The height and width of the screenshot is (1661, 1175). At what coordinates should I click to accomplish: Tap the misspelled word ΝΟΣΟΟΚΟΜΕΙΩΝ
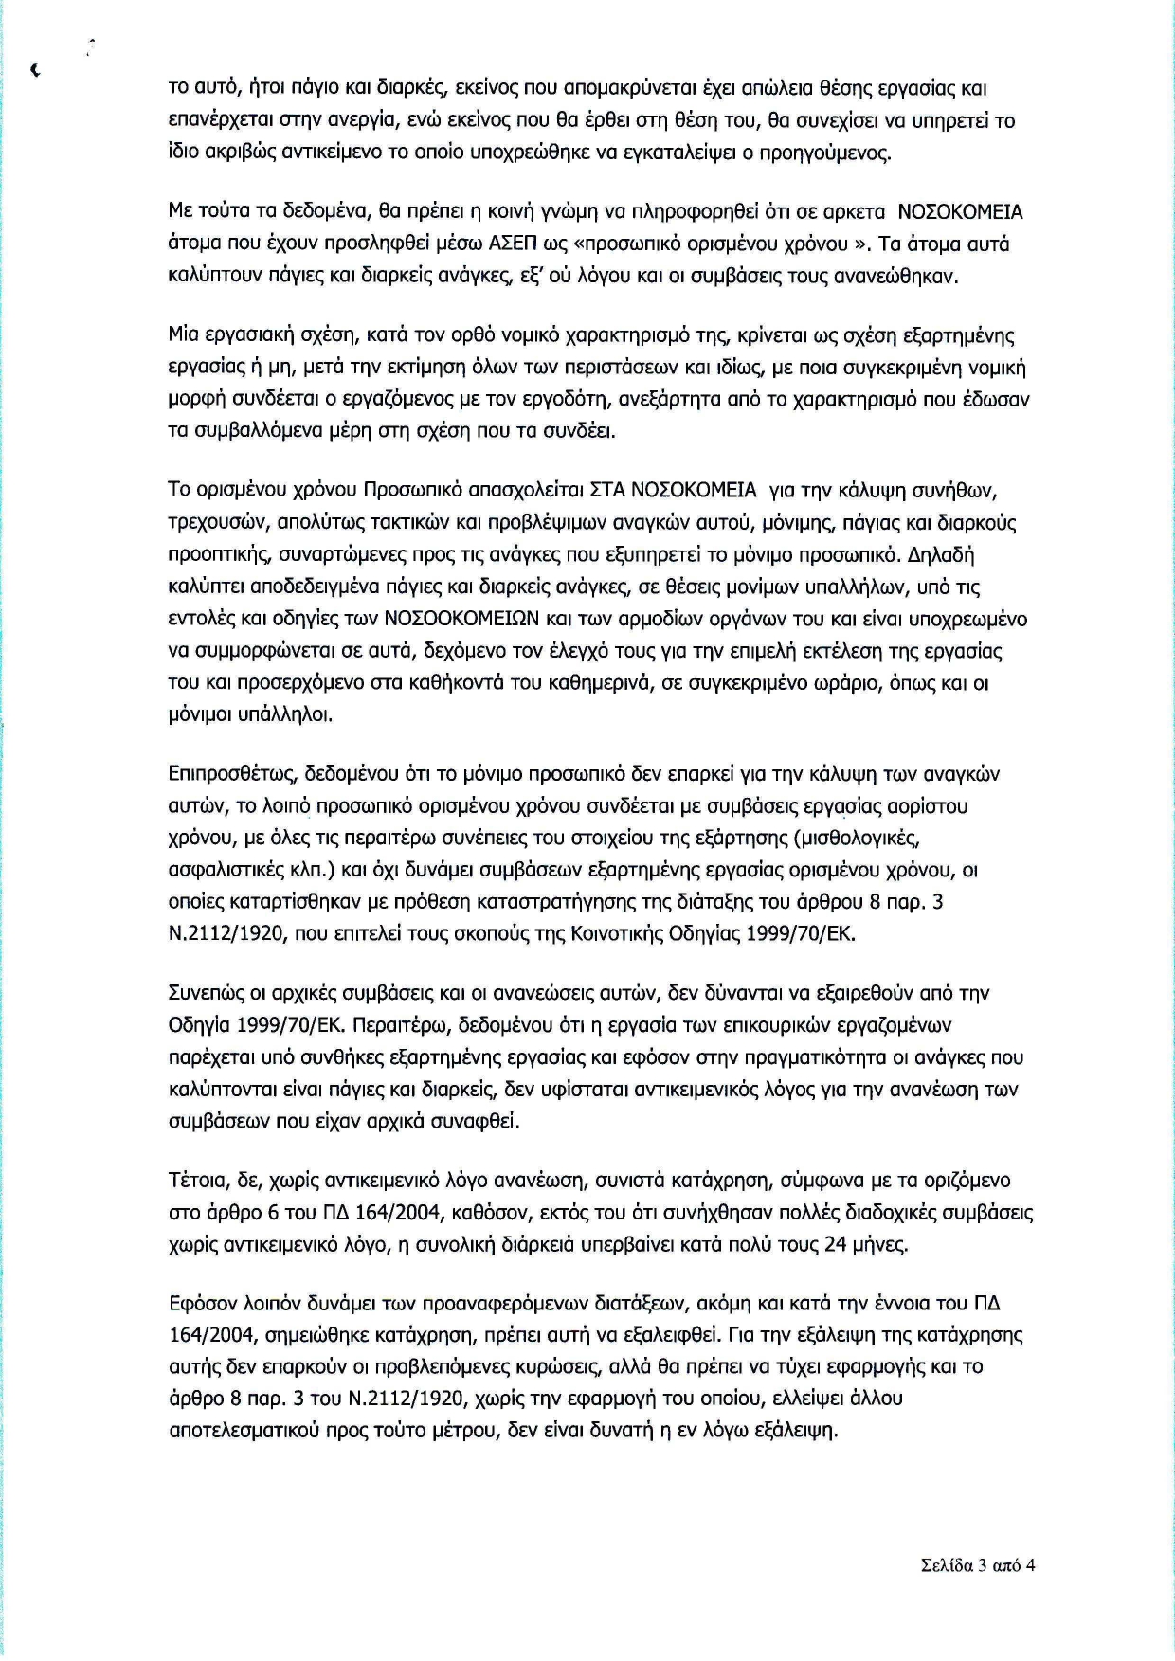click(461, 619)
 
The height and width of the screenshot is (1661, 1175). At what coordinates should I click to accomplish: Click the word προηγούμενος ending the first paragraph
click(831, 153)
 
